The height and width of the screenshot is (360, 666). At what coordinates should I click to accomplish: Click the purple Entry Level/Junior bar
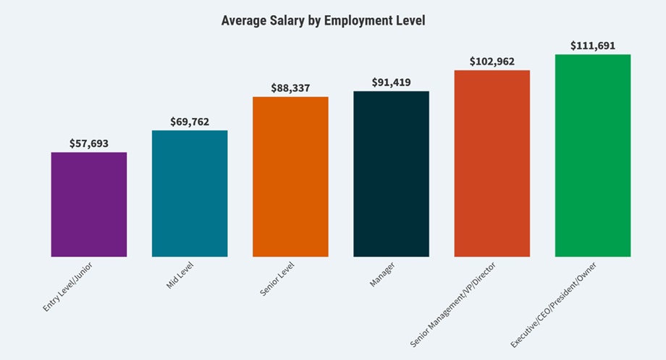click(x=89, y=204)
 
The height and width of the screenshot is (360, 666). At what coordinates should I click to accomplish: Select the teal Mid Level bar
click(x=190, y=193)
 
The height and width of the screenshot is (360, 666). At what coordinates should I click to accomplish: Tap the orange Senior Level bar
click(x=290, y=177)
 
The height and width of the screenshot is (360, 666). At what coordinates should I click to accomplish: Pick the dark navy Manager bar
click(x=391, y=174)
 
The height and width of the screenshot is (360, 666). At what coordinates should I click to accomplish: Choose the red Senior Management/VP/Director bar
click(x=492, y=163)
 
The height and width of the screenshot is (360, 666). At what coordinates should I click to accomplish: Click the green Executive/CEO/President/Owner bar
click(x=592, y=155)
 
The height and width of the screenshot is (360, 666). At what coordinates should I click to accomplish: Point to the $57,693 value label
click(x=89, y=143)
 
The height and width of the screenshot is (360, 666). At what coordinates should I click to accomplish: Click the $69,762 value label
click(x=190, y=122)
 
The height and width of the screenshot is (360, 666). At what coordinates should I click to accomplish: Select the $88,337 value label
click(x=290, y=88)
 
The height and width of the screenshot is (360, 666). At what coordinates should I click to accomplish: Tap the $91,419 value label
click(x=391, y=82)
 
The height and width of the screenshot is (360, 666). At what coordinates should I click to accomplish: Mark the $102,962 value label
click(x=492, y=62)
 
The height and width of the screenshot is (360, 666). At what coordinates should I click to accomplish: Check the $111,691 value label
click(x=592, y=46)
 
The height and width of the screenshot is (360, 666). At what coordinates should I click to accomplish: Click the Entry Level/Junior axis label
click(x=68, y=287)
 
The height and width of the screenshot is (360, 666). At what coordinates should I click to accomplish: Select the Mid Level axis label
click(x=180, y=275)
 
